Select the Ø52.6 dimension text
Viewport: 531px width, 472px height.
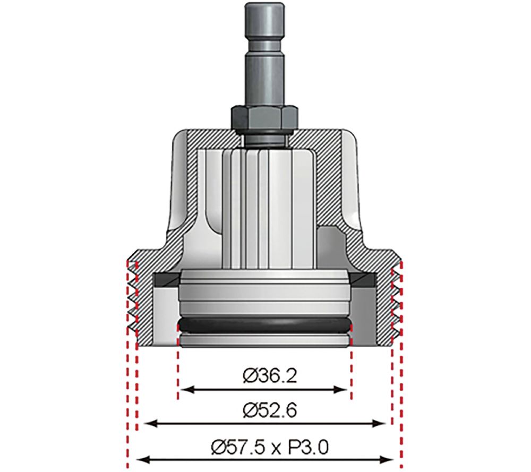[x=264, y=410]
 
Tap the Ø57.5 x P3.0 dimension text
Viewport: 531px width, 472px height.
[x=264, y=448]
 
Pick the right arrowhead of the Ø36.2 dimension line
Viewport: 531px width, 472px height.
[x=344, y=390]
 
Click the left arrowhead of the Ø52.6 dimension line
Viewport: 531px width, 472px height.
[x=143, y=424]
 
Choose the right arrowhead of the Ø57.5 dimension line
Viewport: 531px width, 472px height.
[x=387, y=460]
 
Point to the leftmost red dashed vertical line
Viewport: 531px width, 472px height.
[x=127, y=372]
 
